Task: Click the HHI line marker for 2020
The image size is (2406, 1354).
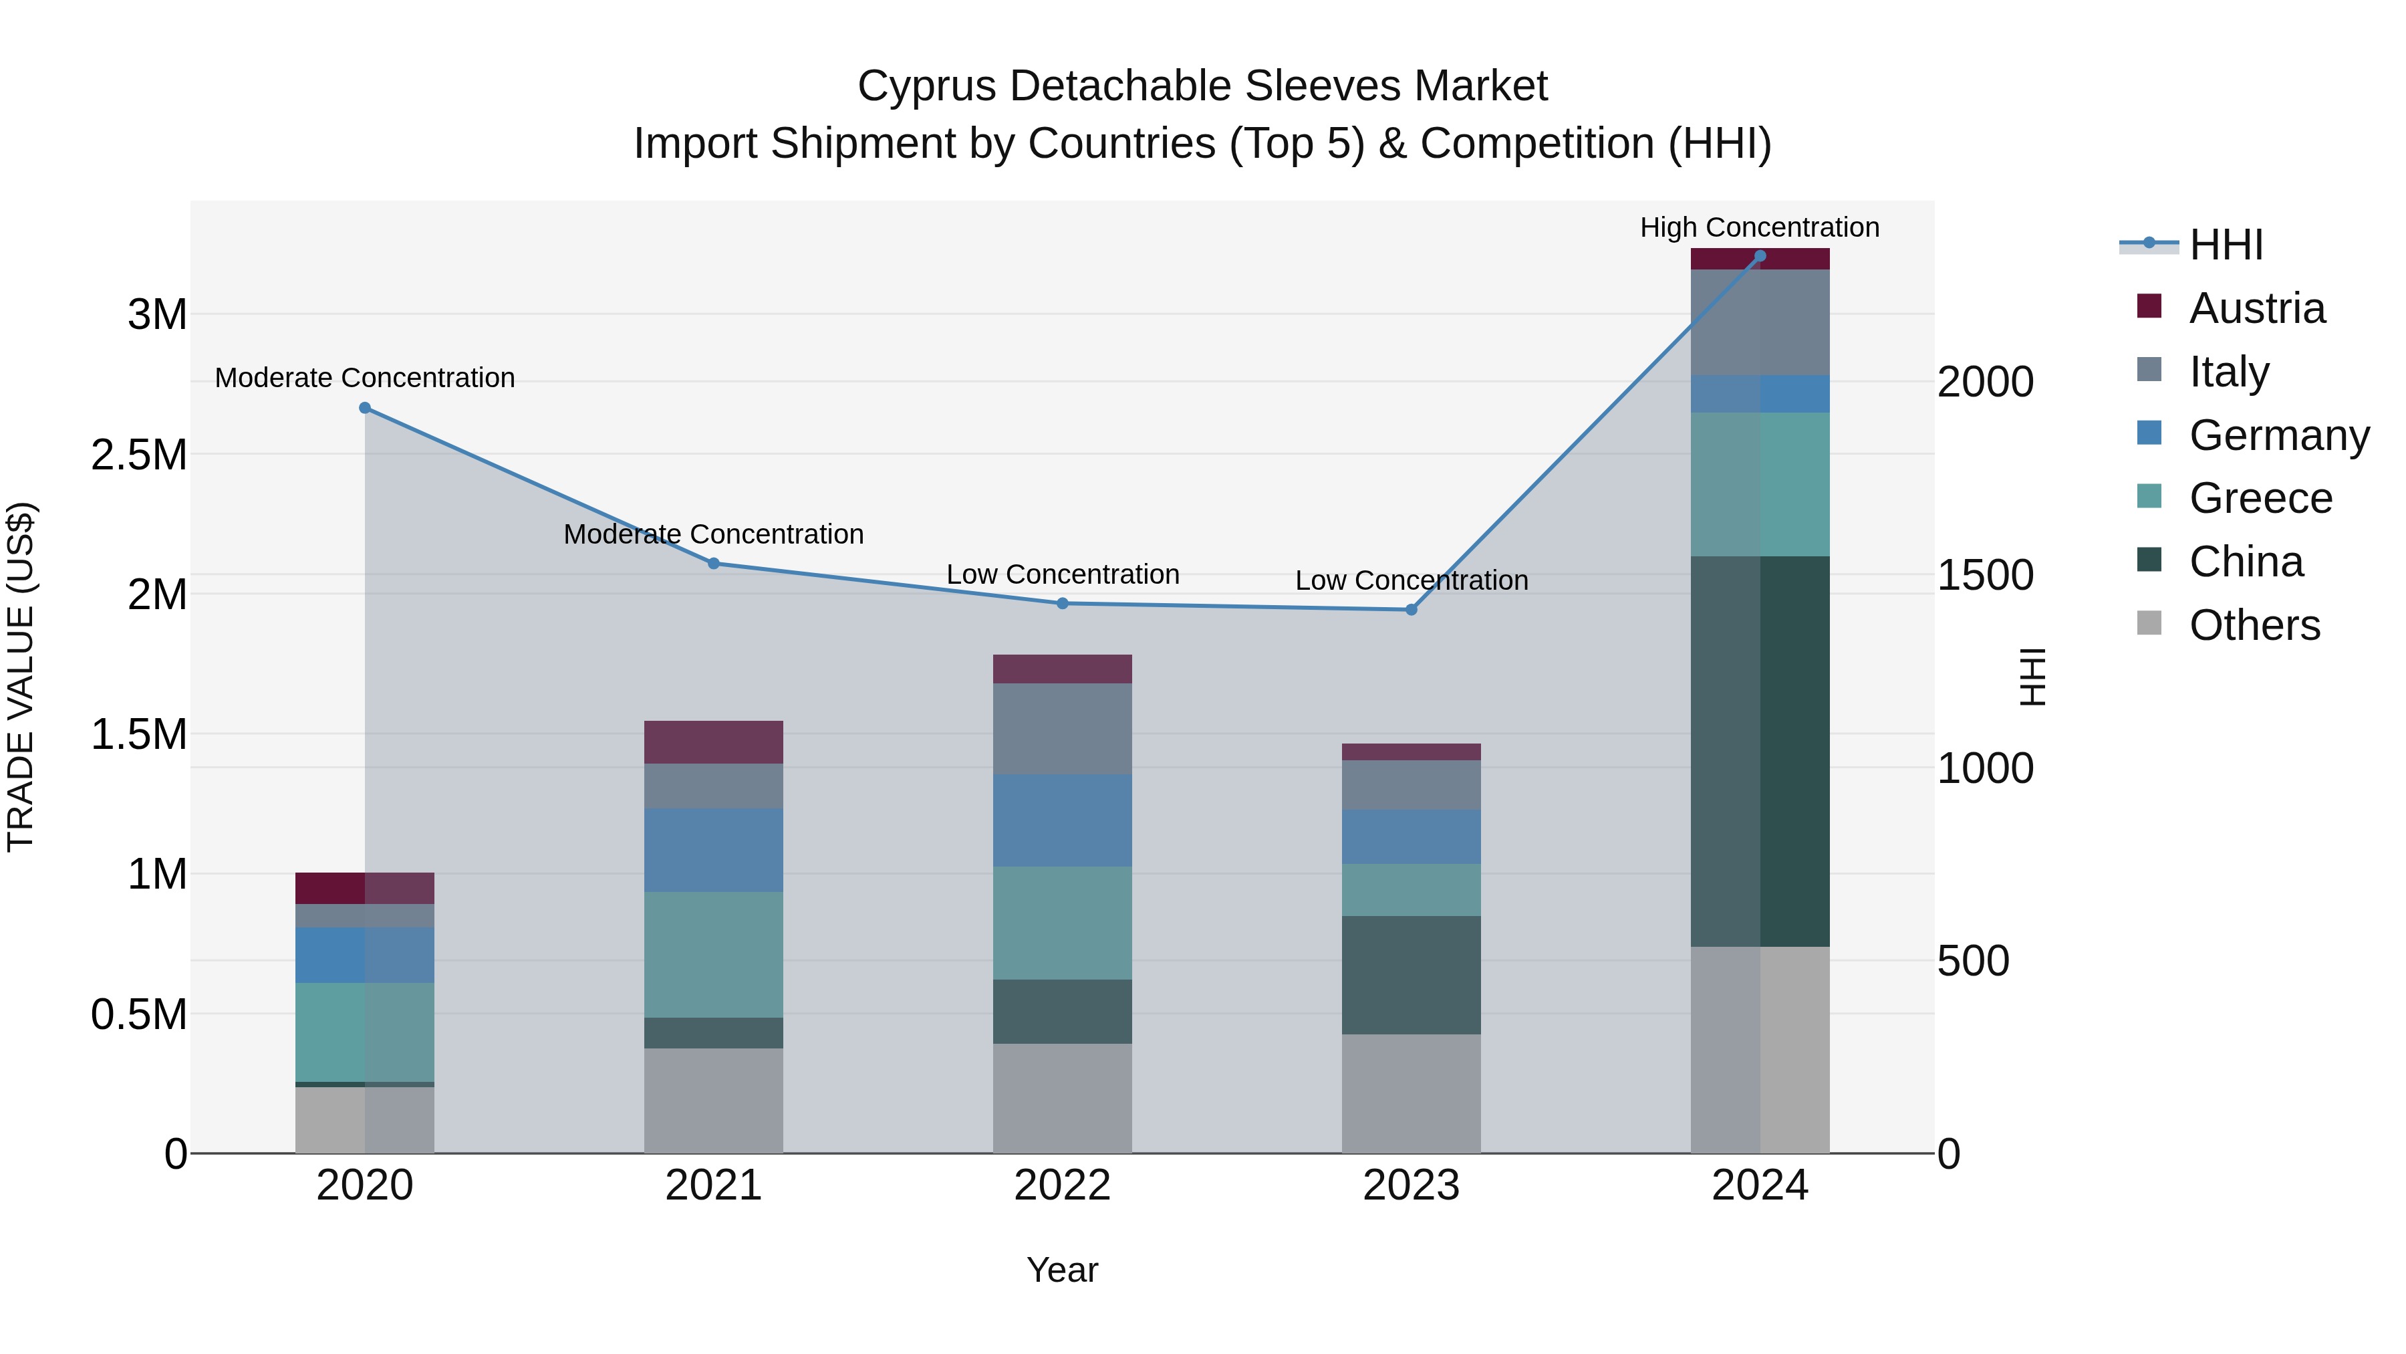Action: click(x=365, y=409)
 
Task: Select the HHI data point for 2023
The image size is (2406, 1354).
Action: click(x=1412, y=610)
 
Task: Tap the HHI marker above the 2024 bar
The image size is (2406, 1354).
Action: click(x=1760, y=256)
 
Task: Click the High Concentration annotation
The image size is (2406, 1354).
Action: click(x=1760, y=228)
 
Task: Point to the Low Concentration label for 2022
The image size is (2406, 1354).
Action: click(x=1063, y=574)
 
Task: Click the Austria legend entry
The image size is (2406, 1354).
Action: click(x=2256, y=308)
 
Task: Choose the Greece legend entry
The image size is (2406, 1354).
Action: click(x=2260, y=498)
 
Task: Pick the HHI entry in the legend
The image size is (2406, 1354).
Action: click(x=2226, y=245)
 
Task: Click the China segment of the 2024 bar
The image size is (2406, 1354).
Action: click(x=1760, y=752)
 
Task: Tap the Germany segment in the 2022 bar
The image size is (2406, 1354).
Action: click(x=1063, y=820)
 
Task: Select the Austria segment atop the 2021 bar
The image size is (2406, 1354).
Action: click(x=714, y=742)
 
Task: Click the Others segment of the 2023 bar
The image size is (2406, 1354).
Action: click(x=1412, y=1093)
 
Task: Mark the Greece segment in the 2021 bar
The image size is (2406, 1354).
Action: click(x=714, y=955)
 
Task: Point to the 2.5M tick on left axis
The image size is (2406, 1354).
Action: click(x=138, y=455)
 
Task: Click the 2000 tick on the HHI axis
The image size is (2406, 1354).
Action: click(x=1985, y=382)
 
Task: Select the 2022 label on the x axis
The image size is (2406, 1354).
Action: click(x=1063, y=1186)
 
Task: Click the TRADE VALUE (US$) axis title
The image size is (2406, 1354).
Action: click(x=21, y=677)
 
